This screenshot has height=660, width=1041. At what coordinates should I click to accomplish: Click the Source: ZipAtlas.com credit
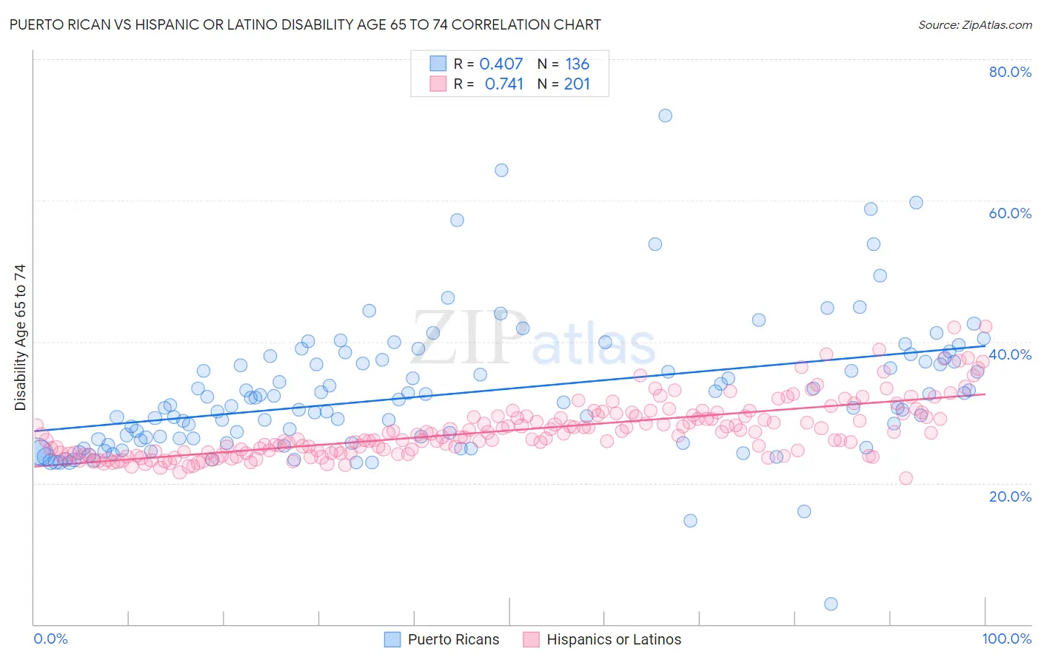point(974,24)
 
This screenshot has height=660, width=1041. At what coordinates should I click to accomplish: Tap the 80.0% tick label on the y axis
point(1010,72)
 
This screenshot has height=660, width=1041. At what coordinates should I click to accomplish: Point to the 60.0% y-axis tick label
point(1010,213)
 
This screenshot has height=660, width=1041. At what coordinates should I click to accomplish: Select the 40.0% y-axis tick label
point(1010,354)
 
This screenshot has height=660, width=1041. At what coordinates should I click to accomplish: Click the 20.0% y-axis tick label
point(1010,496)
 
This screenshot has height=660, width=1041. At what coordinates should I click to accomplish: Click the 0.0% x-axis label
point(50,639)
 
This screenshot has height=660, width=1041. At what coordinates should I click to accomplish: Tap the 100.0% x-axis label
point(1007,639)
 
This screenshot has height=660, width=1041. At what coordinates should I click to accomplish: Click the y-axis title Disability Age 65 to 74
point(20,337)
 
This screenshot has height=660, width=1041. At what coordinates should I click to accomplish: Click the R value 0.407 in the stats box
point(501,64)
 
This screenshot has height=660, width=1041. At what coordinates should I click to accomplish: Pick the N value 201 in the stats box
point(577,84)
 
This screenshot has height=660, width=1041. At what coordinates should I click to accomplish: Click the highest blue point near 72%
point(665,115)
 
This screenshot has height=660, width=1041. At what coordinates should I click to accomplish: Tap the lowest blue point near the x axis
point(831,604)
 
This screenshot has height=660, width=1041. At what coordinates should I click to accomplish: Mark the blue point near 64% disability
point(501,170)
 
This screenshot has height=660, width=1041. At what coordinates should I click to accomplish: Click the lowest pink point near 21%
point(906,478)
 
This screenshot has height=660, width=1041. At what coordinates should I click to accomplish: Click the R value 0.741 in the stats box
point(503,84)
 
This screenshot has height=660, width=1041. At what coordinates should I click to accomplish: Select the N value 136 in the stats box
point(577,64)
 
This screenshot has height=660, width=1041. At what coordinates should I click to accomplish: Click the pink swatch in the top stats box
point(438,84)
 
